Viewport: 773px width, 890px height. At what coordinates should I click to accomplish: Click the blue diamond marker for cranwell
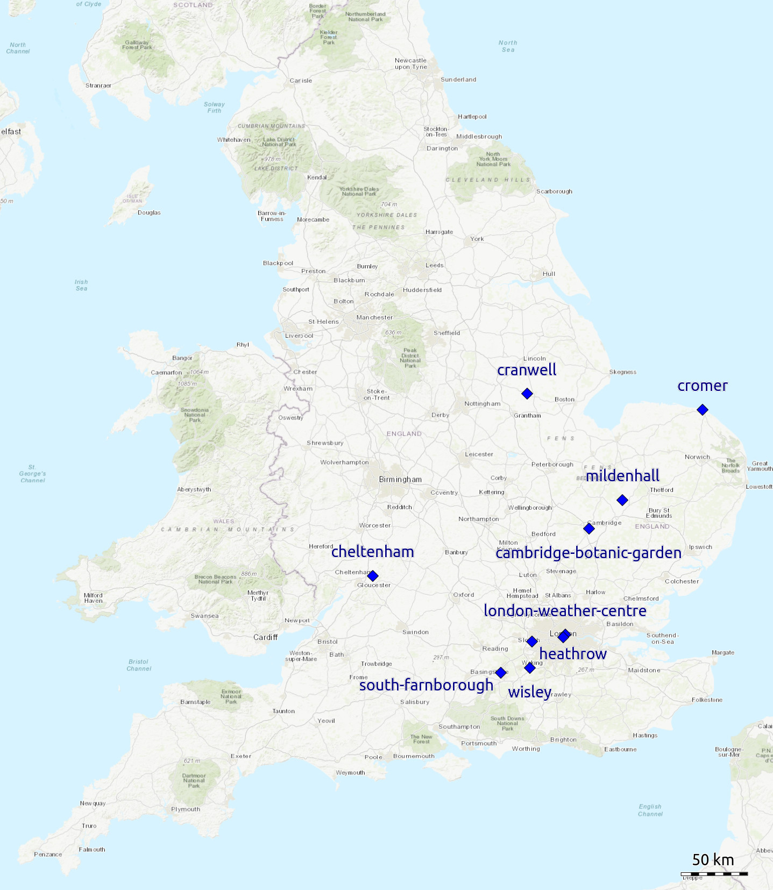point(527,394)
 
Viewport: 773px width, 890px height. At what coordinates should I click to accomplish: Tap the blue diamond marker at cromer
point(702,410)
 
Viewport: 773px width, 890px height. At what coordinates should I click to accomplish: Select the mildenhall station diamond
point(622,500)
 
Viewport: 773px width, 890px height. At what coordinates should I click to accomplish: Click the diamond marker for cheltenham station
point(372,576)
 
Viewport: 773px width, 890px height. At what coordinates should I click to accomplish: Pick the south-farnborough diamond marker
point(500,673)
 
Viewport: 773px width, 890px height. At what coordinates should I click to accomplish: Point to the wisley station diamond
point(529,668)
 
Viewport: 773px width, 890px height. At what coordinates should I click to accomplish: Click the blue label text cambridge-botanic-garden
point(588,553)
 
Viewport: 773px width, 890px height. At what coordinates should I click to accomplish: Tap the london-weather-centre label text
point(565,611)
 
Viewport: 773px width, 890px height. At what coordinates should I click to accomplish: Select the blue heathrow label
point(573,654)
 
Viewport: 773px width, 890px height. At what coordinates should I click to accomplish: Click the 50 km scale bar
point(714,874)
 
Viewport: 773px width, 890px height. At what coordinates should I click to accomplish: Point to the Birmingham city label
point(400,480)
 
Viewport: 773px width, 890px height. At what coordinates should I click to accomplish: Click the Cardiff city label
point(265,637)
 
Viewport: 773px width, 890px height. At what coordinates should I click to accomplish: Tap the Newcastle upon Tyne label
point(410,63)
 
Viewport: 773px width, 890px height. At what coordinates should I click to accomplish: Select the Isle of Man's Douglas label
point(149,212)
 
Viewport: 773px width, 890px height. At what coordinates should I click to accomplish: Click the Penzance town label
point(48,854)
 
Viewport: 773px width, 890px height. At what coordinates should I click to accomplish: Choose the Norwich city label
point(697,457)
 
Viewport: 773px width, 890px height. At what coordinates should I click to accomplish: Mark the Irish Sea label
point(81,285)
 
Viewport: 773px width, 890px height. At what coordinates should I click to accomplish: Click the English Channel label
point(650,810)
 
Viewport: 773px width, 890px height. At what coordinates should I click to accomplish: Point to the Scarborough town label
point(554,191)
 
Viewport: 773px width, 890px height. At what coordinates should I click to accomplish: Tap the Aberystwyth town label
point(194,489)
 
